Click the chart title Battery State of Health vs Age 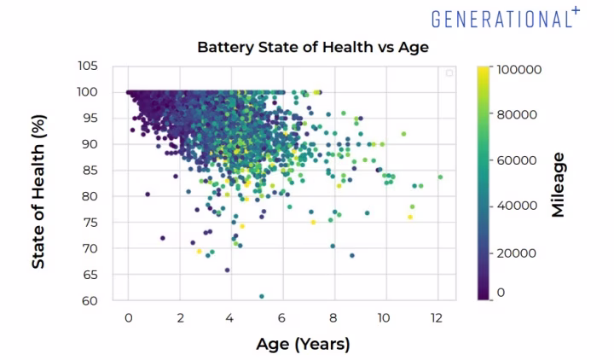click(x=313, y=47)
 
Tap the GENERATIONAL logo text click(x=501, y=19)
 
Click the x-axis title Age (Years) click(x=303, y=344)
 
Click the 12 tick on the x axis click(x=437, y=318)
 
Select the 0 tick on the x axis click(x=128, y=318)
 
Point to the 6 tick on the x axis click(x=282, y=318)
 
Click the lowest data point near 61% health click(x=262, y=296)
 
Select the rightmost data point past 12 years click(x=440, y=177)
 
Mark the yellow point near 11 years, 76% click(x=410, y=217)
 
